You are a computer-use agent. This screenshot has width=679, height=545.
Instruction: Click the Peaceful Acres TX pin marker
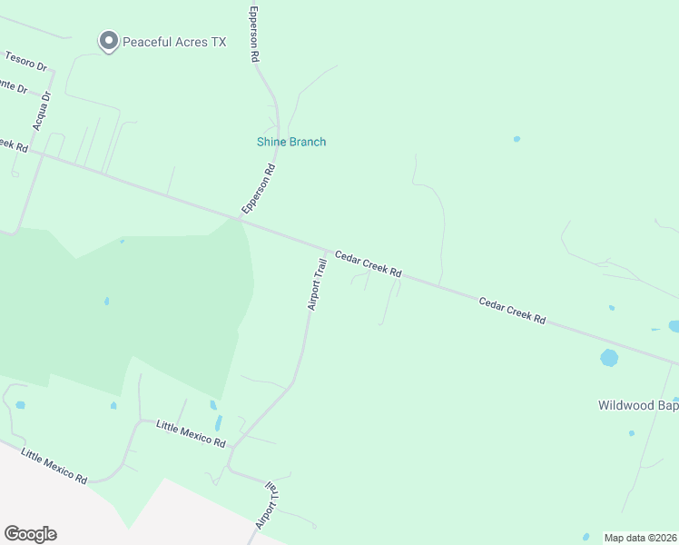(x=109, y=41)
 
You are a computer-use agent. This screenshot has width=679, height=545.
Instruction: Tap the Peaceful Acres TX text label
(x=173, y=42)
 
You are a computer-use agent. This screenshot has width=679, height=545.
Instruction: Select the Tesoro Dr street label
(x=25, y=62)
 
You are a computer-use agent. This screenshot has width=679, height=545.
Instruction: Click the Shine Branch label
(x=290, y=142)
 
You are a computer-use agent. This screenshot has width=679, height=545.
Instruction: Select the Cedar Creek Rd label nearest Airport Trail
(x=368, y=264)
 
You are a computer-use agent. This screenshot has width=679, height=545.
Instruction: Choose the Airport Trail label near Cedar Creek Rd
(x=316, y=284)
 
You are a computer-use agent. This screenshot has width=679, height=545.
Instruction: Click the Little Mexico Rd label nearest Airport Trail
(x=191, y=432)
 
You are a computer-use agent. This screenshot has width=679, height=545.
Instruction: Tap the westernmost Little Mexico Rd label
(x=54, y=465)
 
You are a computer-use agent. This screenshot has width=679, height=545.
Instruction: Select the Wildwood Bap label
(x=638, y=405)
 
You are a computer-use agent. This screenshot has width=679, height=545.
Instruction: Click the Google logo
(x=30, y=534)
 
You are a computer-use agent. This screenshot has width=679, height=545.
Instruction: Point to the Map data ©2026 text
(x=640, y=538)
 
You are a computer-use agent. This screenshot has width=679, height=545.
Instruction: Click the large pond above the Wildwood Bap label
(x=609, y=358)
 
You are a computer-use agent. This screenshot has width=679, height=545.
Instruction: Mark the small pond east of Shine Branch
(x=517, y=139)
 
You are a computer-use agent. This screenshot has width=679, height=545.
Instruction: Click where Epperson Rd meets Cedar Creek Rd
(x=241, y=218)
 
